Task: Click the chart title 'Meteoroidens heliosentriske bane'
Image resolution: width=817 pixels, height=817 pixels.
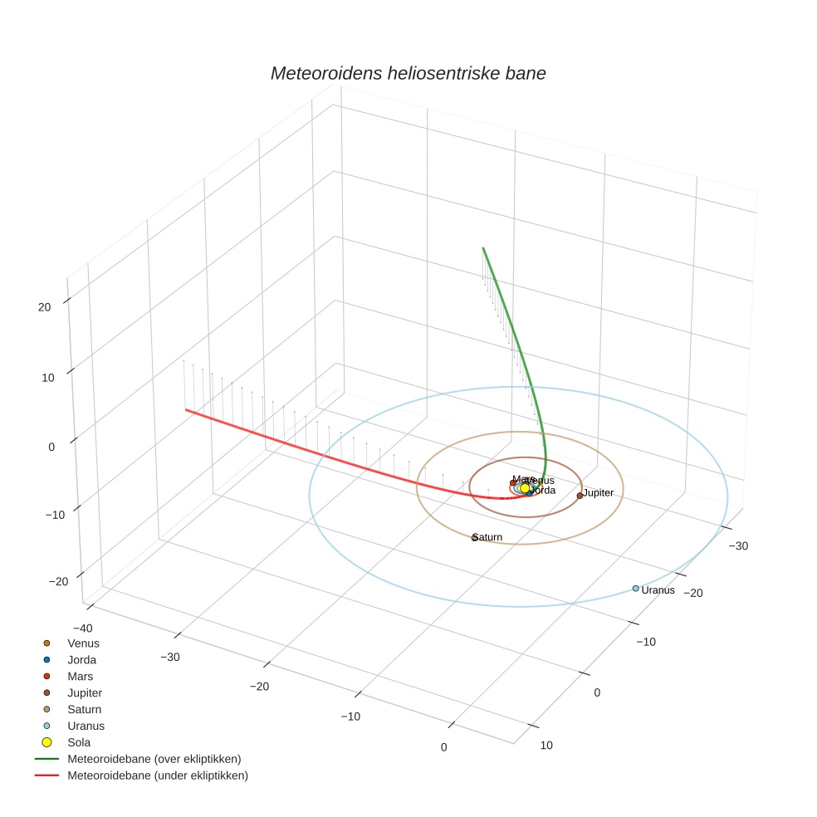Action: [x=408, y=73]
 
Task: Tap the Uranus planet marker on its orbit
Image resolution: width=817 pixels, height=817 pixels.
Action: [x=635, y=589]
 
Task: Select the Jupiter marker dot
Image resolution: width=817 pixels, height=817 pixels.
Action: [x=580, y=496]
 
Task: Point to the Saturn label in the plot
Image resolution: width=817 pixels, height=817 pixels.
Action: [x=487, y=537]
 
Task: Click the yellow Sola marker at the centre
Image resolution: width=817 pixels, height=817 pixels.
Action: [x=525, y=488]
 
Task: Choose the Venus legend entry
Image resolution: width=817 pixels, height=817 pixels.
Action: [x=83, y=643]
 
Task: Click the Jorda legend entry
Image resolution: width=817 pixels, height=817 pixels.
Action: [x=81, y=659]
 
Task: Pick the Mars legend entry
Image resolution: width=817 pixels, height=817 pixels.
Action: [x=80, y=676]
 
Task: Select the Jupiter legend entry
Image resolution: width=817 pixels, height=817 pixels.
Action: [x=85, y=692]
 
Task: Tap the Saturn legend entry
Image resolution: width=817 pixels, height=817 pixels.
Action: [x=84, y=709]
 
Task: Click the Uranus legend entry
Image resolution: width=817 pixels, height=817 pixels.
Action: [x=86, y=726]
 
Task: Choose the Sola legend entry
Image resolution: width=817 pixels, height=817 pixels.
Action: [x=79, y=742]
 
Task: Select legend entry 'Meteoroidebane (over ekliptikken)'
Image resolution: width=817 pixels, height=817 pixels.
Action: [x=154, y=759]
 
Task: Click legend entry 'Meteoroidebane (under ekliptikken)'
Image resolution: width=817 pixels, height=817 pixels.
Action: [x=158, y=775]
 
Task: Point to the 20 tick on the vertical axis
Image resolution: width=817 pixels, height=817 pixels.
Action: [x=44, y=307]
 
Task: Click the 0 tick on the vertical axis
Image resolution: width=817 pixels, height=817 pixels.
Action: [x=51, y=447]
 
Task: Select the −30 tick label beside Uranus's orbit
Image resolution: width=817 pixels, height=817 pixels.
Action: [x=737, y=545]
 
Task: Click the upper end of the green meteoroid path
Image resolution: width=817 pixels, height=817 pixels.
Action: [x=483, y=247]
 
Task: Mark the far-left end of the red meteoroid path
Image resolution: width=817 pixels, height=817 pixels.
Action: [x=185, y=409]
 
